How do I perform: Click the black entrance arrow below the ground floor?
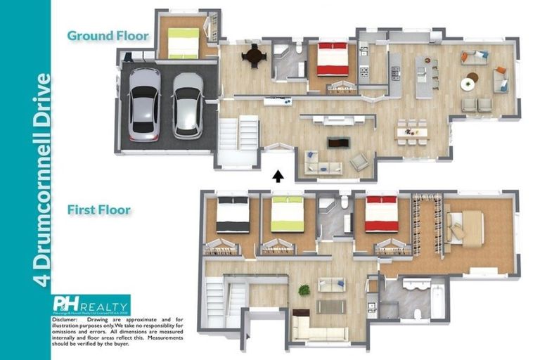278,176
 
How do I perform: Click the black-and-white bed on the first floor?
233,214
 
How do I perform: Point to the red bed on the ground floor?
332,60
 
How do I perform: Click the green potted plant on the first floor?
304,290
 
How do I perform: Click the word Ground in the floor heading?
87,35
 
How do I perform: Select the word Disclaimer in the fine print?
64,319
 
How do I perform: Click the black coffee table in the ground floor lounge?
338,142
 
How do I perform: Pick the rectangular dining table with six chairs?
412,131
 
